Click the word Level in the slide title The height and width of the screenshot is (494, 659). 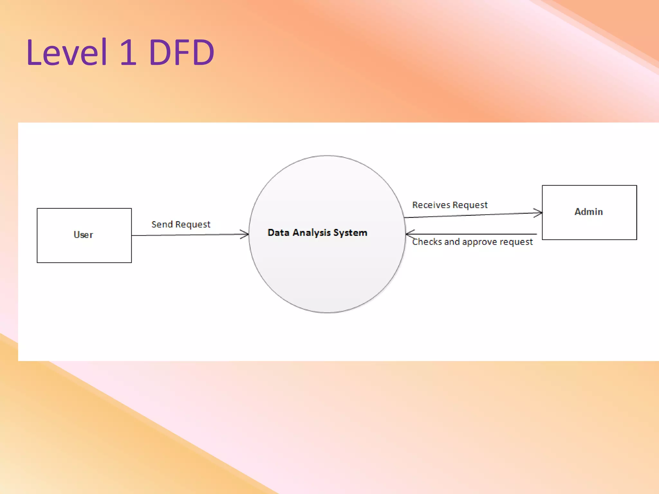tap(66, 52)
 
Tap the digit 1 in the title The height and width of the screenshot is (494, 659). tap(128, 52)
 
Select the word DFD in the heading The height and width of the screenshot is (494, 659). tap(181, 52)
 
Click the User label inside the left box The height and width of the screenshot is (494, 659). tap(83, 235)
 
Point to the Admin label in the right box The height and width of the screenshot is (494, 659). tap(589, 212)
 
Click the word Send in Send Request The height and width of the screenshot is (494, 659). tap(162, 224)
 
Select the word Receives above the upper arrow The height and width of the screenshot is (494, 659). tap(431, 205)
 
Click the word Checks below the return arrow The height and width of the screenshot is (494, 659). tap(427, 242)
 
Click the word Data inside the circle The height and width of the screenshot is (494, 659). tap(278, 233)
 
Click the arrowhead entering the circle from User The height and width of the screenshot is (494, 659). tap(246, 234)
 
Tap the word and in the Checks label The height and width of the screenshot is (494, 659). tap(452, 242)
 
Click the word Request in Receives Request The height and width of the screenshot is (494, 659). tap(470, 205)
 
